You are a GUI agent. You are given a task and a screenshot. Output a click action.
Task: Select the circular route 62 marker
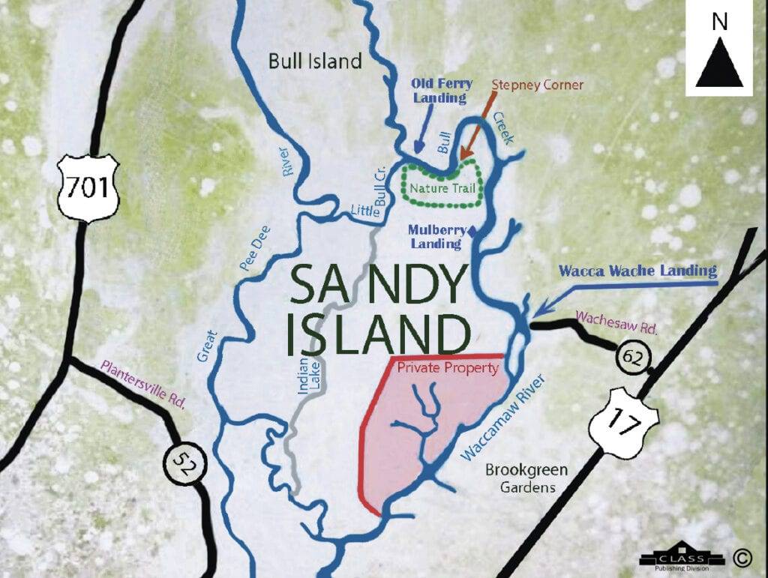tap(631, 358)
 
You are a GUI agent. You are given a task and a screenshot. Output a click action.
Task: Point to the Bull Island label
tap(315, 61)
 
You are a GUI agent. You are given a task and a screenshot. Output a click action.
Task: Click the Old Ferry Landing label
tap(439, 91)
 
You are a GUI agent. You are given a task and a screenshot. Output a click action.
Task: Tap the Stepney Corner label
tap(537, 85)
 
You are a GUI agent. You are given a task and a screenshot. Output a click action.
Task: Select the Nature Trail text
tap(442, 187)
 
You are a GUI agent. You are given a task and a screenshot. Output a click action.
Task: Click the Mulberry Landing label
tap(435, 237)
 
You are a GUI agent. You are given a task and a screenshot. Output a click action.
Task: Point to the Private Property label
tap(448, 368)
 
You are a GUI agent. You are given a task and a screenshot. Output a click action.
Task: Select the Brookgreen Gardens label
tap(526, 478)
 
